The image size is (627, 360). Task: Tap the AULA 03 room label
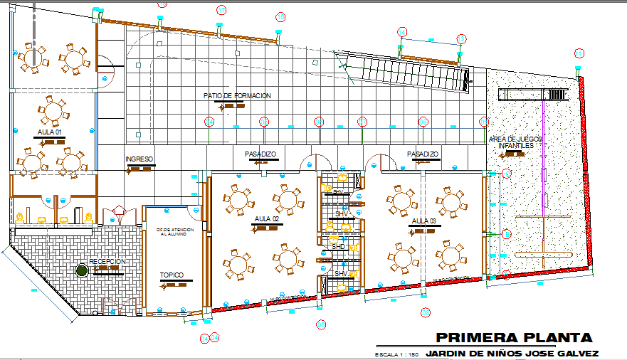coord(423,221)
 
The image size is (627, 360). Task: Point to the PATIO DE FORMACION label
coord(237,96)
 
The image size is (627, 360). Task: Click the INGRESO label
coord(139,159)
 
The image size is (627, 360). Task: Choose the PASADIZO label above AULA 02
coord(260,154)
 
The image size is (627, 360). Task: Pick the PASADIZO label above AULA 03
coord(423,154)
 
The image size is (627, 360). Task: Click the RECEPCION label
coord(107,262)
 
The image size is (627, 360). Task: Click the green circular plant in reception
coord(82,270)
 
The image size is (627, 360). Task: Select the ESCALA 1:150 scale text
coord(396,354)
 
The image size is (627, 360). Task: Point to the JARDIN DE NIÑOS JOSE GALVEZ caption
coord(512,353)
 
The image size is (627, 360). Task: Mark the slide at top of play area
coord(534,95)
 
